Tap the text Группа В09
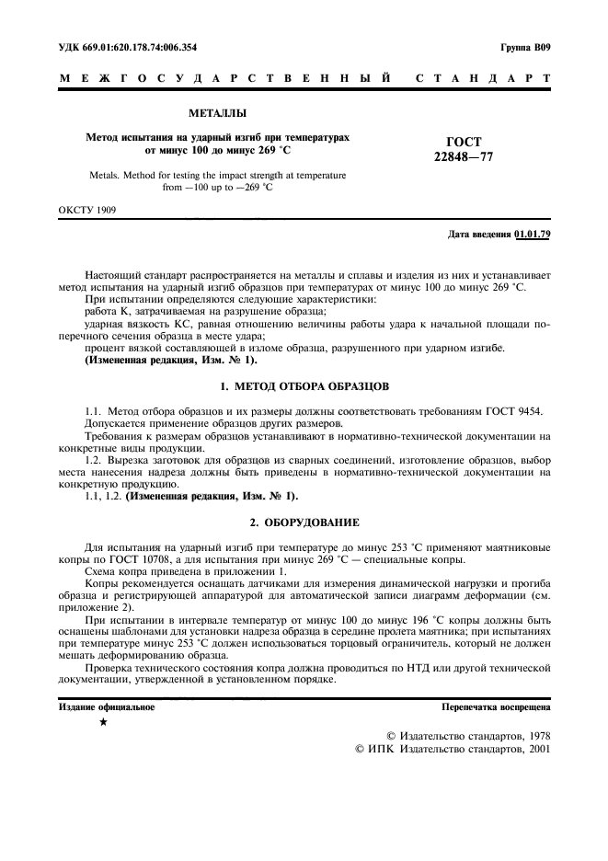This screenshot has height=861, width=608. pos(525,47)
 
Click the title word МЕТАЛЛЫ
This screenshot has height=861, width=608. pos(217,113)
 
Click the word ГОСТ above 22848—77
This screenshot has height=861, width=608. pos(464,142)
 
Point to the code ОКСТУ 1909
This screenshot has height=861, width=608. pos(87,210)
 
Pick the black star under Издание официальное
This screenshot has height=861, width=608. pos(103,723)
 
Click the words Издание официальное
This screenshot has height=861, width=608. pos(107,707)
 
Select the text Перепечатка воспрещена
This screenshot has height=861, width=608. pos(496,707)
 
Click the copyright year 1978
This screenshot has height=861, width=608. pos(534,736)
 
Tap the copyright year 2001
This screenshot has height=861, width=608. pos(534,750)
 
